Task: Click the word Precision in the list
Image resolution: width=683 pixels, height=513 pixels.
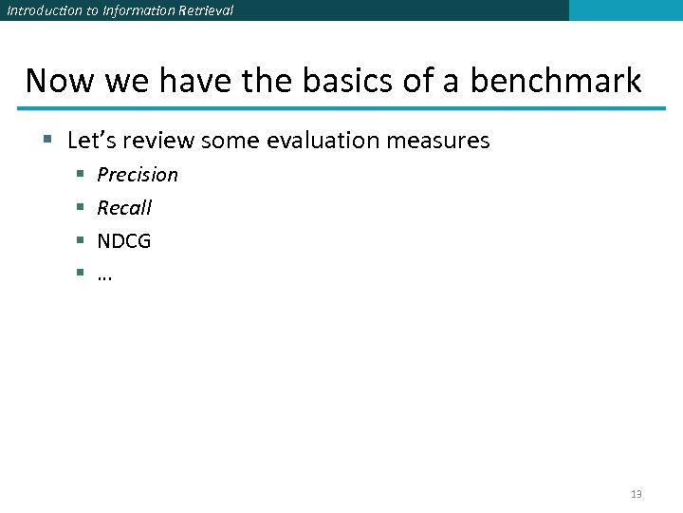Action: click(x=138, y=175)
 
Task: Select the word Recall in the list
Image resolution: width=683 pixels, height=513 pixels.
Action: click(x=124, y=208)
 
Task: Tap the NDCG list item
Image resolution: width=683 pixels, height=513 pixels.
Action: click(x=124, y=241)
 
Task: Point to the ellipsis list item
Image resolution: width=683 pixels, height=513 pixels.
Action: click(x=104, y=275)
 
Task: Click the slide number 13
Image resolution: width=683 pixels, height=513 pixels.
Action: click(x=636, y=494)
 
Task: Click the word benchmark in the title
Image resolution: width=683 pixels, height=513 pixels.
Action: click(x=556, y=81)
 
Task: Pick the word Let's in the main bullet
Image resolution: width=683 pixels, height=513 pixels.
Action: click(x=90, y=141)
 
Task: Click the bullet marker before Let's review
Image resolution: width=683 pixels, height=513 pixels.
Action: click(x=47, y=142)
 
